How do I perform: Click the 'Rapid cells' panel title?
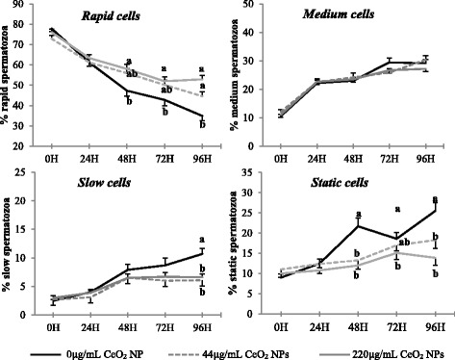(x=109, y=17)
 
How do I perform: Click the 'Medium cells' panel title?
(x=338, y=16)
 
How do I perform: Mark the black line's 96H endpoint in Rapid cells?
(x=201, y=116)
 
